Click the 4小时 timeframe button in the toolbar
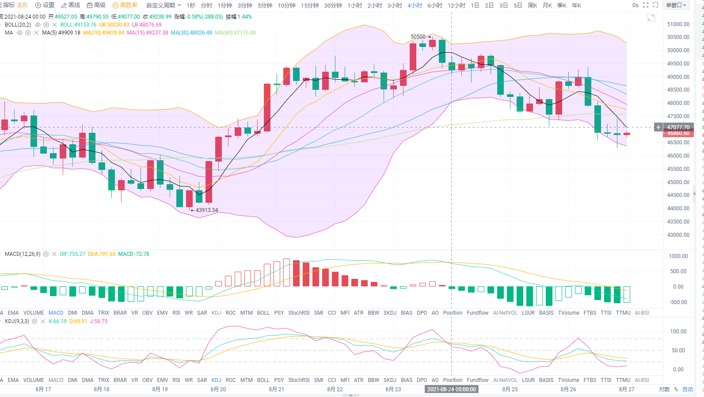coord(415,5)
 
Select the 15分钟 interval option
coord(310,5)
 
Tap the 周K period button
coord(533,5)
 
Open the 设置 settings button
coord(45,5)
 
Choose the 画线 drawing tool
coord(71,5)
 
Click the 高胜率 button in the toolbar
coord(125,5)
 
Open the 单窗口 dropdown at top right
coord(676,5)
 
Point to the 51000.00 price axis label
coord(678,24)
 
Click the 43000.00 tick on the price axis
coord(678,235)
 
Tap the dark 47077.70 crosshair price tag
coord(678,127)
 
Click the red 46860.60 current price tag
coord(678,133)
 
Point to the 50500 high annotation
coord(418,37)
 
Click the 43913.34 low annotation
coord(206,210)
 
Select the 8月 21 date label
coord(277,389)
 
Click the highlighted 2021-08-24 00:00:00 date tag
coord(451,389)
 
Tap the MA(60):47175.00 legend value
coord(235,33)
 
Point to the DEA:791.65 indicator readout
coord(102,254)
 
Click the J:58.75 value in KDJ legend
coord(99,321)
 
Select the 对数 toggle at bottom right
coord(664,389)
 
